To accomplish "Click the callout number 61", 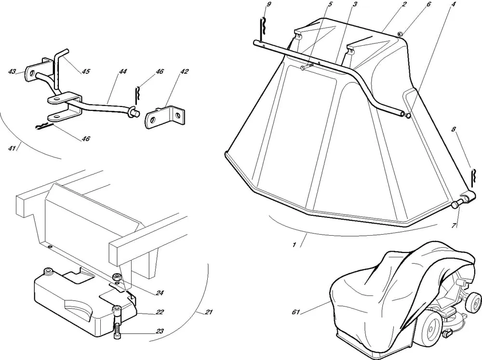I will tap(296, 312).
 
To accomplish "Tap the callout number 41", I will tap(12, 147).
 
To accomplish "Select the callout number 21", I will tap(208, 312).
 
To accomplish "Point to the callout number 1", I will tap(294, 245).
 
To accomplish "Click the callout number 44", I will tap(122, 71).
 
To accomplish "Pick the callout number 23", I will tap(160, 332).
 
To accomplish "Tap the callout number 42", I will tap(184, 71).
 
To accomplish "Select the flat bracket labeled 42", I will tap(164, 117).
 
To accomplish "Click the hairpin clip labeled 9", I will tap(263, 29).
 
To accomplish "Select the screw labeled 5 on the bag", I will tap(307, 67).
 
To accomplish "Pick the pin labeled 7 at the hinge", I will tap(456, 204).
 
